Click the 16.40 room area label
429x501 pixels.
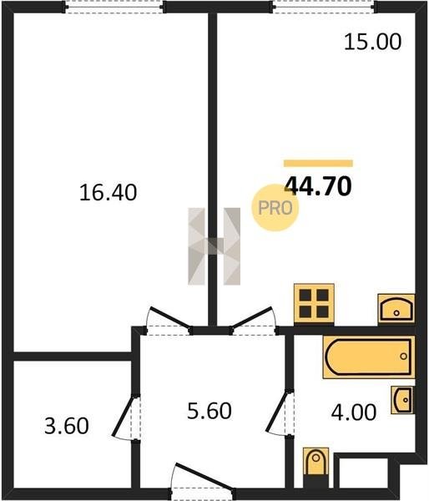pyautogui.click(x=108, y=193)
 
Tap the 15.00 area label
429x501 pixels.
pyautogui.click(x=372, y=42)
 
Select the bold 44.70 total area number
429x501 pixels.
pyautogui.click(x=318, y=186)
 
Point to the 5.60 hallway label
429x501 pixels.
pyautogui.click(x=209, y=411)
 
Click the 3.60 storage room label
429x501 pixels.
pyautogui.click(x=67, y=426)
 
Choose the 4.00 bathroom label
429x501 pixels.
pyautogui.click(x=354, y=412)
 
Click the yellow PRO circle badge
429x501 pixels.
pyautogui.click(x=275, y=208)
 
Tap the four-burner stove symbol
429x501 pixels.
pyautogui.click(x=314, y=303)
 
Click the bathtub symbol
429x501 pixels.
pyautogui.click(x=369, y=357)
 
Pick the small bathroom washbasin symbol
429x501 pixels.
pyautogui.click(x=403, y=400)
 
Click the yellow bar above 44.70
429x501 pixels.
pyautogui.click(x=319, y=164)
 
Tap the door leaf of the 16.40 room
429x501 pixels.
pyautogui.click(x=170, y=317)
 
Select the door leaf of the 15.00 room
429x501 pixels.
pyautogui.click(x=251, y=317)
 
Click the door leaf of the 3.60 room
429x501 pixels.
pyautogui.click(x=123, y=416)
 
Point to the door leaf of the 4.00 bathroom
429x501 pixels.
pyautogui.click(x=276, y=412)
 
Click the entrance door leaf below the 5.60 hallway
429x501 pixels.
pyautogui.click(x=204, y=476)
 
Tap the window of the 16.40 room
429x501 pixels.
pyautogui.click(x=114, y=7)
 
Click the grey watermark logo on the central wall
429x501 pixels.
pyautogui.click(x=214, y=246)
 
